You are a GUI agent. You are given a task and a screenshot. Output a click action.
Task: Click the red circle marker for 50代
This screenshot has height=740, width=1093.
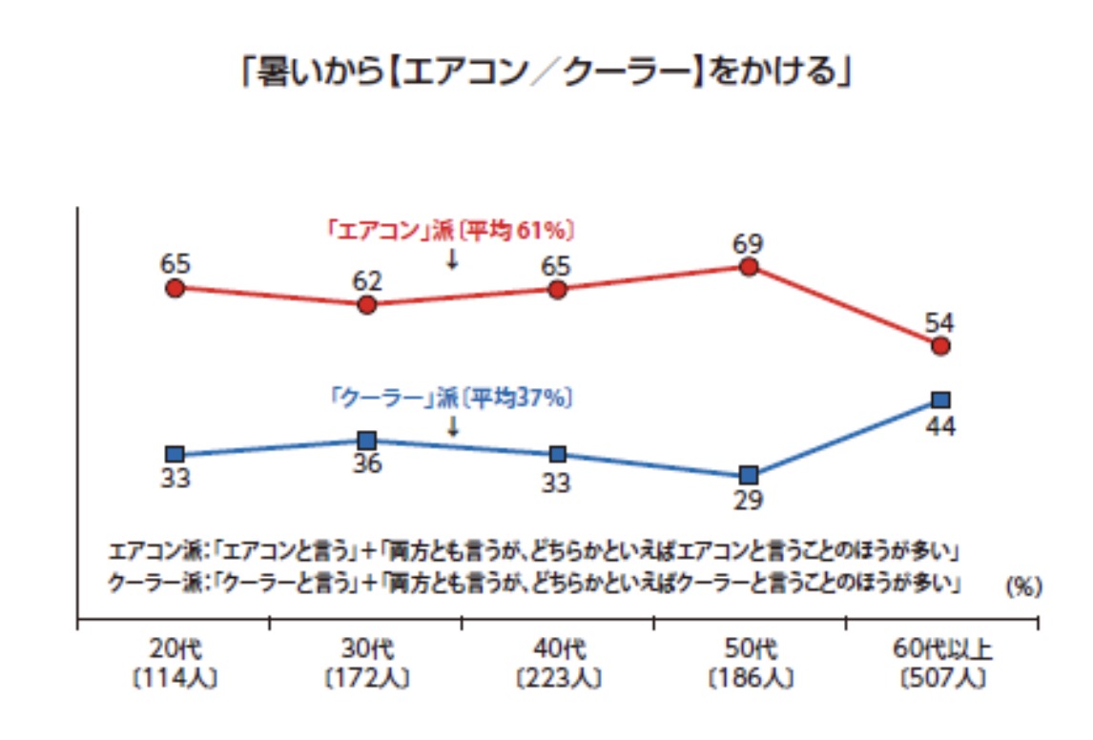point(749,267)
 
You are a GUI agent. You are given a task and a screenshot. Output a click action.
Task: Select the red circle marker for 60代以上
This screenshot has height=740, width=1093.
point(940,346)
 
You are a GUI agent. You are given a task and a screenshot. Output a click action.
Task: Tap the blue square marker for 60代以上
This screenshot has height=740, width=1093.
point(940,400)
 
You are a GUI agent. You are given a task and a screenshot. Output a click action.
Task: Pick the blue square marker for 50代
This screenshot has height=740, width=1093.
point(749,475)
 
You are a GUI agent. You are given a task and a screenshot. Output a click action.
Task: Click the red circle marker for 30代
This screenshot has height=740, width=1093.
point(367,305)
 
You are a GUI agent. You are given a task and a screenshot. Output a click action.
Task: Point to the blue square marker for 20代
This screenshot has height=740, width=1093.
point(175,454)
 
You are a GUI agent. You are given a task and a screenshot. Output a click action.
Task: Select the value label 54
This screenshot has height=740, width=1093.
point(940,322)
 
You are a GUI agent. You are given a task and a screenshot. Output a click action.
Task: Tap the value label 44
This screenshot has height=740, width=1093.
point(940,425)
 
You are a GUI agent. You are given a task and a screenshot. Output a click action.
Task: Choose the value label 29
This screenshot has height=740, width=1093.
point(749,500)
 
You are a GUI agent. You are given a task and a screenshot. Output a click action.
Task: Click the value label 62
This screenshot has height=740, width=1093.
point(367,281)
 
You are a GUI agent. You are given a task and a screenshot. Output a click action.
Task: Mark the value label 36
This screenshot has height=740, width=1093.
point(367,464)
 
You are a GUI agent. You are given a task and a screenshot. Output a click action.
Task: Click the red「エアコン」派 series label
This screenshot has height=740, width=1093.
point(448,231)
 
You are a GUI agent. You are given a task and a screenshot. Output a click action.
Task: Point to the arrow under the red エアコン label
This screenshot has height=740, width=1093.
point(452,258)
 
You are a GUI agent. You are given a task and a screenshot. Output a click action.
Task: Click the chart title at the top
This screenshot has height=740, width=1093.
point(546,73)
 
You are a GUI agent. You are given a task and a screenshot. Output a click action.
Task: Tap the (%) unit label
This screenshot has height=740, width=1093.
point(1022,587)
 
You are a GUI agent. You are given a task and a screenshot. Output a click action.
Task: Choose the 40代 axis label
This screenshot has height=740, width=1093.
point(557,652)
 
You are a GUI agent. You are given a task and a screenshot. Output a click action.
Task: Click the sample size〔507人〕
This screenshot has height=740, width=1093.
point(940,679)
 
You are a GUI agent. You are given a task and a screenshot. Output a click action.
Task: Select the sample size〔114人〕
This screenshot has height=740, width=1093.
point(175,679)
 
